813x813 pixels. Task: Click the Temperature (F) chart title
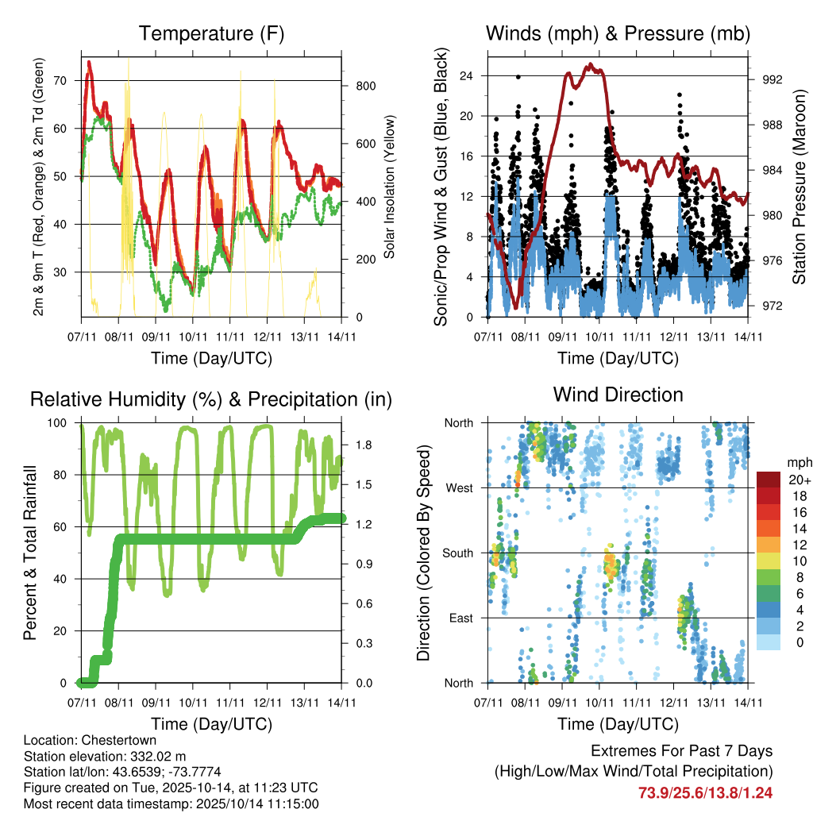(x=211, y=33)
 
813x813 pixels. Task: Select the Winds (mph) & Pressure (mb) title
(x=618, y=33)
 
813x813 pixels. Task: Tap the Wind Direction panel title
(x=618, y=394)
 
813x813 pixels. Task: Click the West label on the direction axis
(x=460, y=487)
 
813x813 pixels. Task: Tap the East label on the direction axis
(x=461, y=618)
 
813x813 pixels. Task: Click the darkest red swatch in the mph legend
(x=769, y=480)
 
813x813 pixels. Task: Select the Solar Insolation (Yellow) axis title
(x=390, y=187)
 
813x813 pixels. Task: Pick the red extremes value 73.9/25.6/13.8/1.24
(x=705, y=792)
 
